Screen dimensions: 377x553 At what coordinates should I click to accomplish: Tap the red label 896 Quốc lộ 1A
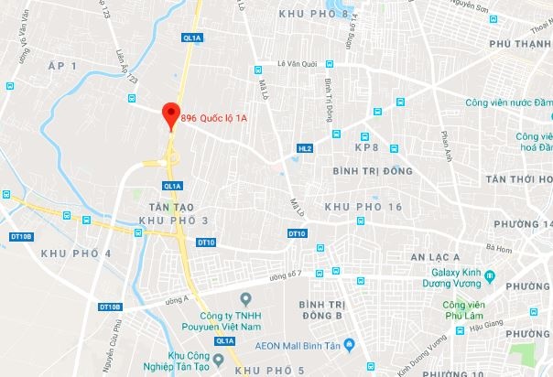pyautogui.click(x=214, y=117)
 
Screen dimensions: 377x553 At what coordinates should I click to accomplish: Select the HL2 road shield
pyautogui.click(x=305, y=148)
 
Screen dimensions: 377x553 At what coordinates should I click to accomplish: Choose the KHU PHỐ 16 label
pyautogui.click(x=364, y=208)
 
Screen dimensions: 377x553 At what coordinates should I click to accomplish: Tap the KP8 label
pyautogui.click(x=366, y=147)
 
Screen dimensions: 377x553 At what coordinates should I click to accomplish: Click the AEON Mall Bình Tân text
pyautogui.click(x=309, y=346)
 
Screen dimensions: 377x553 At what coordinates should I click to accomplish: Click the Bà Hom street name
pyautogui.click(x=499, y=248)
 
